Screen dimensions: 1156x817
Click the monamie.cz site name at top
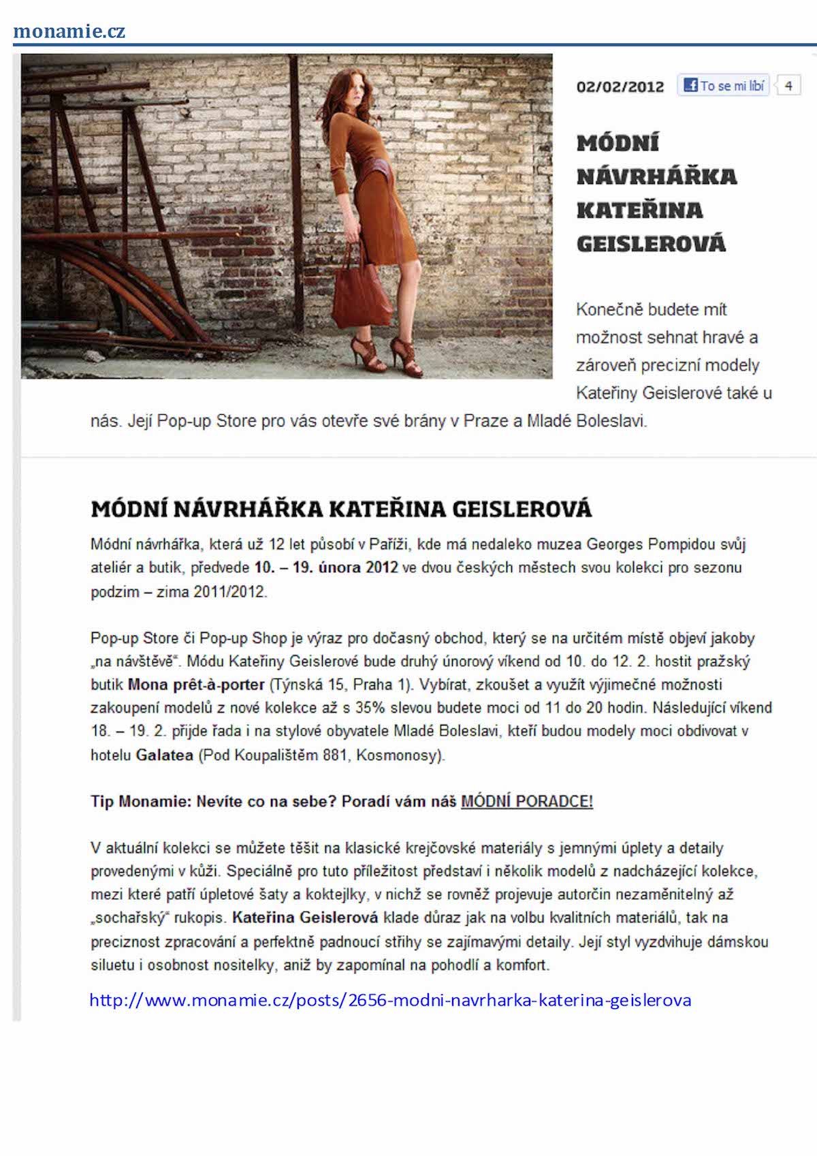click(x=69, y=31)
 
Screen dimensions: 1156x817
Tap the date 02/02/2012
click(x=620, y=87)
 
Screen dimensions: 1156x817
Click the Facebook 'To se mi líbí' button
click(x=723, y=86)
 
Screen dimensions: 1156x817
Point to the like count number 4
click(x=788, y=86)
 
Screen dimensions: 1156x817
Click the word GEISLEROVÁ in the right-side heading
click(x=651, y=243)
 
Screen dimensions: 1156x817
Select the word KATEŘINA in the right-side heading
click(x=639, y=210)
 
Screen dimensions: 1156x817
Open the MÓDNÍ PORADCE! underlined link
click(x=527, y=801)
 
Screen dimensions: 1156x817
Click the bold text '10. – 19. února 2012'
click(x=326, y=567)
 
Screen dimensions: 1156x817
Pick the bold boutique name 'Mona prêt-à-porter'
click(x=196, y=685)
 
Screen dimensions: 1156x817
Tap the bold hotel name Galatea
click(x=165, y=755)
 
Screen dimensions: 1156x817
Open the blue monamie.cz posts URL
click(x=390, y=1000)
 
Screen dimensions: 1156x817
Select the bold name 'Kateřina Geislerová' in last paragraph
click(x=305, y=918)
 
